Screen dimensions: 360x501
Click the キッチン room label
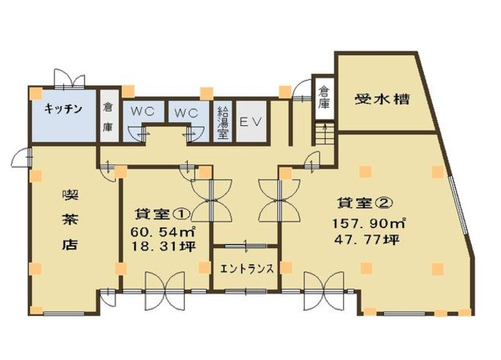tap(63, 109)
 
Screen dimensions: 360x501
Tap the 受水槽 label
tap(382, 99)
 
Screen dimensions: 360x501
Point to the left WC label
tap(142, 113)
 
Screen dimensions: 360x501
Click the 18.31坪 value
tap(162, 247)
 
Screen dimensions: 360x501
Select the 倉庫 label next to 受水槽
tap(323, 98)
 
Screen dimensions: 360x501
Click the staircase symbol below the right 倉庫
tap(322, 134)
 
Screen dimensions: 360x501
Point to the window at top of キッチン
tap(63, 80)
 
